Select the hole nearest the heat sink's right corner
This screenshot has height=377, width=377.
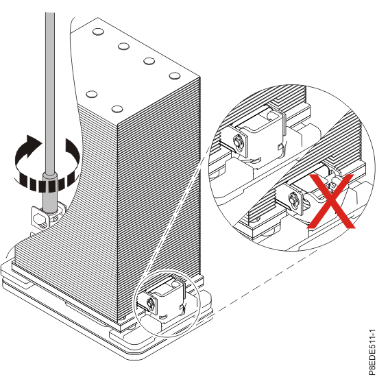pos(174,77)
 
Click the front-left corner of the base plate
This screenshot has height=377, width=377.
pos(14,274)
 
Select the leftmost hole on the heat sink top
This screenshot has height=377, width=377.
pos(92,93)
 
